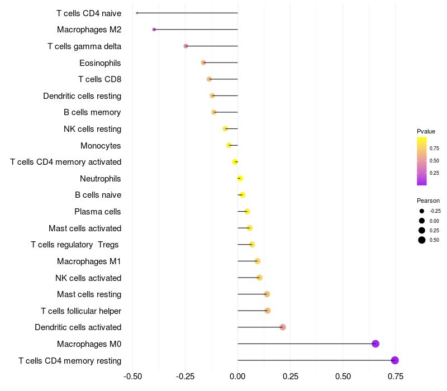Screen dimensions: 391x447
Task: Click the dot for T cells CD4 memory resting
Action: click(395, 360)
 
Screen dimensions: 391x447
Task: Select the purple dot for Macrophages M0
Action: click(375, 344)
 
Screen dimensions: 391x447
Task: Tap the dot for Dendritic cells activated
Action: click(283, 327)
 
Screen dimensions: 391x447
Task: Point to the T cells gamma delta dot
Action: click(186, 46)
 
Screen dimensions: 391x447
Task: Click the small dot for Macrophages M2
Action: click(154, 30)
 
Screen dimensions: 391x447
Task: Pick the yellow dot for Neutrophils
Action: click(240, 179)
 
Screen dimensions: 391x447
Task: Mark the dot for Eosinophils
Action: click(203, 63)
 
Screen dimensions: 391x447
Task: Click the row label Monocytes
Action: click(101, 146)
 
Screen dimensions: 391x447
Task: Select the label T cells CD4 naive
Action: click(89, 13)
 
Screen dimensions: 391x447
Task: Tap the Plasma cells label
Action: click(98, 212)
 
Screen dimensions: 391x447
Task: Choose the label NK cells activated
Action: click(88, 278)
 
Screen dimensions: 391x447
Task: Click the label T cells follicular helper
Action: click(81, 311)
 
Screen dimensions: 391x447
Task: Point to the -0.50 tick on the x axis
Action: click(132, 376)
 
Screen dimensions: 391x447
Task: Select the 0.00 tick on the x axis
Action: click(237, 376)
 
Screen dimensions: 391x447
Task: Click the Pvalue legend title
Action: click(426, 131)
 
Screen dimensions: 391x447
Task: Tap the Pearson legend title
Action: click(428, 201)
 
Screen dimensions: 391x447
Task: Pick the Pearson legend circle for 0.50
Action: click(421, 240)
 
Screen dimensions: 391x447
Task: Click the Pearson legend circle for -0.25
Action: click(421, 211)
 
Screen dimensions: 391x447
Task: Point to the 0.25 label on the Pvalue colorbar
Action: click(434, 173)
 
